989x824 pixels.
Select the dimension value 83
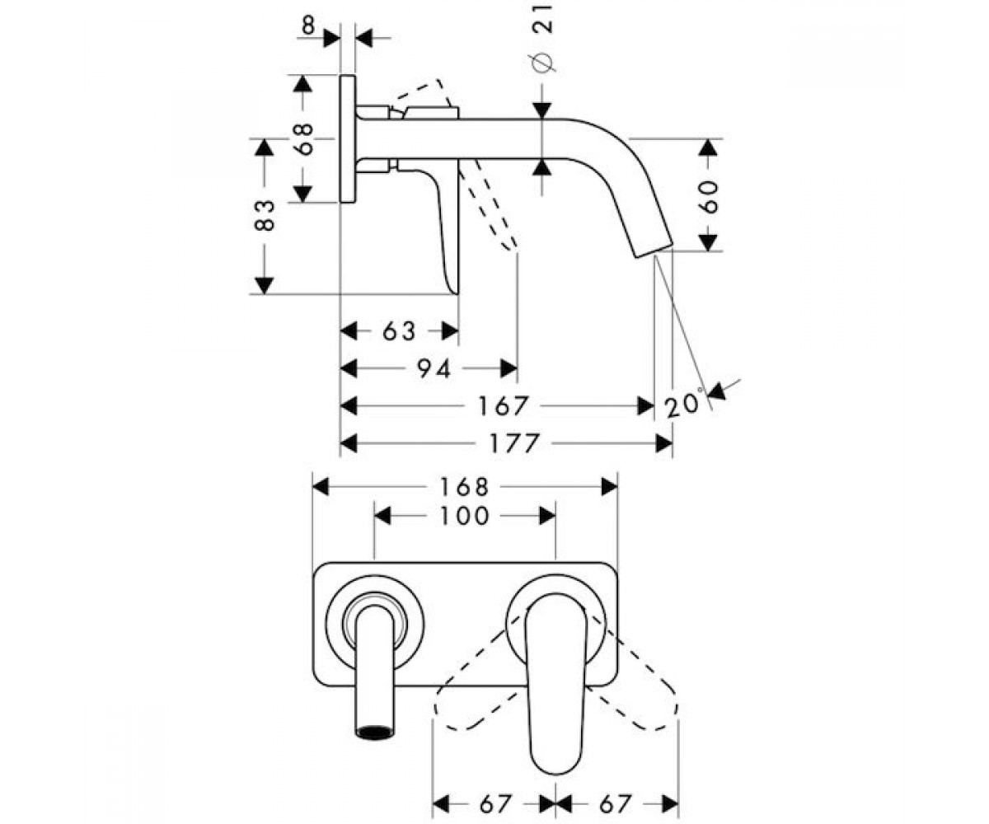click(265, 215)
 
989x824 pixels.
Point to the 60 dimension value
click(708, 197)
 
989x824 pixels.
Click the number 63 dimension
click(399, 331)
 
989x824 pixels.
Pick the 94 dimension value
click(434, 368)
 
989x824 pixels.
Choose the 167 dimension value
click(503, 406)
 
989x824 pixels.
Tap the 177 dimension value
click(514, 444)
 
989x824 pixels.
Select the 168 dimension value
click(464, 487)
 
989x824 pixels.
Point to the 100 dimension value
click(464, 516)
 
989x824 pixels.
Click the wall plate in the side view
click(348, 138)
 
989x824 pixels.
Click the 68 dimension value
click(305, 138)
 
